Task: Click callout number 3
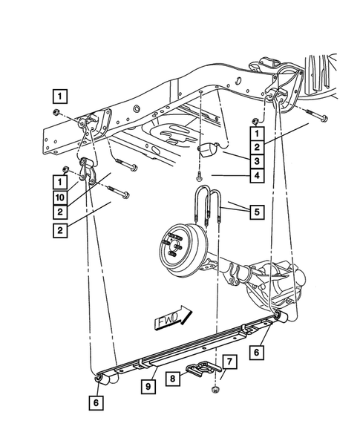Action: pos(255,161)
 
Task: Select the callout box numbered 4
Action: pos(255,176)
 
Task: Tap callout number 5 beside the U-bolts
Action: pos(255,212)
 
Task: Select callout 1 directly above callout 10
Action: pos(59,180)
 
